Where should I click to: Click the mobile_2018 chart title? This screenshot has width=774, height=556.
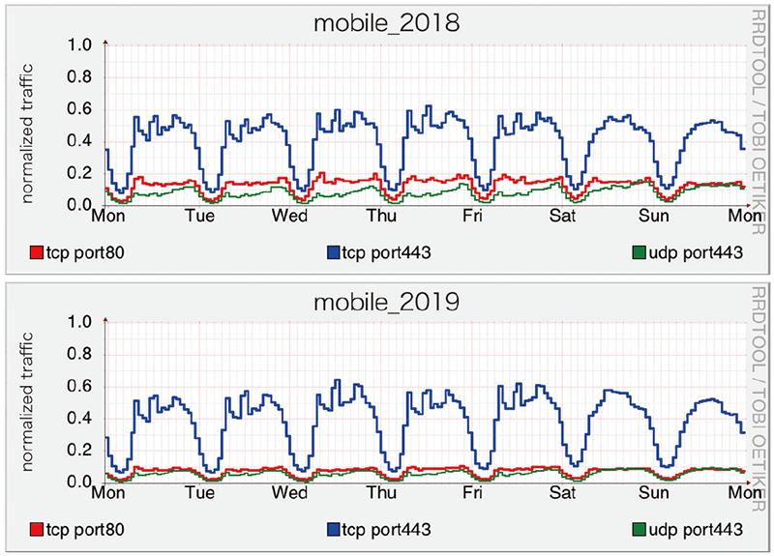[387, 22]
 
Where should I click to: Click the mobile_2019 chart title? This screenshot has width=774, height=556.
[387, 301]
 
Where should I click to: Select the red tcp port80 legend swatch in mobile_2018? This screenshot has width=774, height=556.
[38, 253]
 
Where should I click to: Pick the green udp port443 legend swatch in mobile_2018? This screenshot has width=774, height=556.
[639, 253]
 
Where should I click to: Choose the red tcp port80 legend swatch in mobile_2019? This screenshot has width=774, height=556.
[38, 530]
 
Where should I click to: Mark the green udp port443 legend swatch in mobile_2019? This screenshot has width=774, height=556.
[639, 530]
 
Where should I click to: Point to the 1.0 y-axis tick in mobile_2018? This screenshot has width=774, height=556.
[80, 45]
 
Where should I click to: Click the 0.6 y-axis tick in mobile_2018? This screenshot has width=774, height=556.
[80, 109]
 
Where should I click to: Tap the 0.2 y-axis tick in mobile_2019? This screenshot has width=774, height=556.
[80, 451]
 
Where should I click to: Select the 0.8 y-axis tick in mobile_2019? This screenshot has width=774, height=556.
[80, 355]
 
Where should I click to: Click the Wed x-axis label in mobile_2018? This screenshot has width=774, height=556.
[289, 217]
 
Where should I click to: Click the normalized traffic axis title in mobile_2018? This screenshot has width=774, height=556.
[29, 126]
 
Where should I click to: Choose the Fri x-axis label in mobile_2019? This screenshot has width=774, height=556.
[473, 493]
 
